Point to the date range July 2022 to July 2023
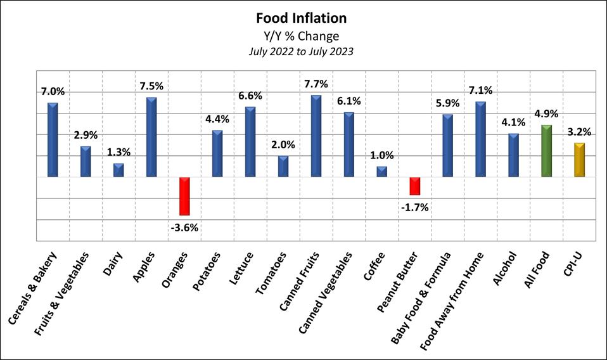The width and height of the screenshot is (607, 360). [301, 51]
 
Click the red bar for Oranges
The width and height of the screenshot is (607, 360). [184, 196]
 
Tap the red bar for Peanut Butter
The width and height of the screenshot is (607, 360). [414, 186]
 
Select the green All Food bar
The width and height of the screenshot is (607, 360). [546, 151]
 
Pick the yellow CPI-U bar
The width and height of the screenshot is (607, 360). [579, 160]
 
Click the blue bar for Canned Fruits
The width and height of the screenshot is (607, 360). [316, 136]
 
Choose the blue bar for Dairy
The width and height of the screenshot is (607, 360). [118, 170]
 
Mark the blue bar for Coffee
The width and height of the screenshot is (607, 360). [381, 171]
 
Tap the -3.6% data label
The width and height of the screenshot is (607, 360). [184, 227]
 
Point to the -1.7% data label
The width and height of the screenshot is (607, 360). [414, 207]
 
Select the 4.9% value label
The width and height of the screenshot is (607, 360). [546, 114]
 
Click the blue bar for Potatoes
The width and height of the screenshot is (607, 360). [217, 153]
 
